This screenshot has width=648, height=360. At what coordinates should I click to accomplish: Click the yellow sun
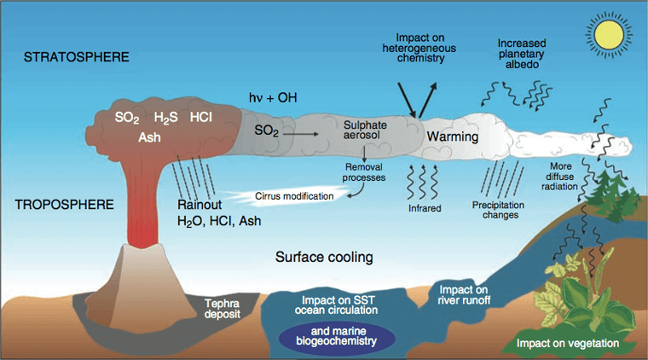click(610, 36)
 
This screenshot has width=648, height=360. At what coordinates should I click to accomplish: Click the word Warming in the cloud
click(452, 136)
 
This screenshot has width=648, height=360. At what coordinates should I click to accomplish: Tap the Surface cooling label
click(324, 257)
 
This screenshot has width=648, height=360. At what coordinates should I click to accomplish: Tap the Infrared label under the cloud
click(423, 206)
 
